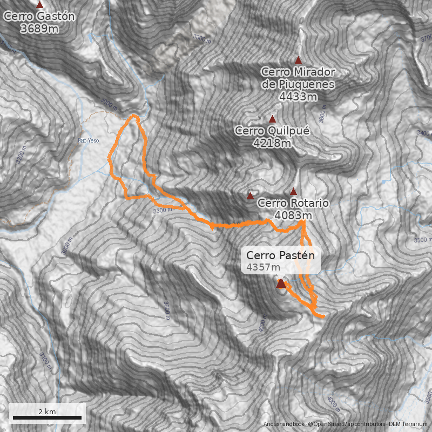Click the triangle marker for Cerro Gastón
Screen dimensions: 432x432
[39, 4]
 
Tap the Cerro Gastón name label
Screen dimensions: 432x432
[39, 16]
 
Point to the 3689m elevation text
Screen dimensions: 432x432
[39, 29]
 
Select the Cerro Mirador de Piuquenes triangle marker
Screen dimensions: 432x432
[298, 60]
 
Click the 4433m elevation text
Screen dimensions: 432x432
[298, 97]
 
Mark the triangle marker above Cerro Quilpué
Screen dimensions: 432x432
[272, 119]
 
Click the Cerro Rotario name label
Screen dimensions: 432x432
[293, 203]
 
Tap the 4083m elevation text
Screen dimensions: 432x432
[293, 215]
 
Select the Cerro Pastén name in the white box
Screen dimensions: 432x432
[280, 255]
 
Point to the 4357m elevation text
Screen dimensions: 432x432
[263, 267]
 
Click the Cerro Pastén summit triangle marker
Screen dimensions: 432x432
[280, 283]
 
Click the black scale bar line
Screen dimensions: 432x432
[47, 418]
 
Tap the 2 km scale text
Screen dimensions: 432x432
[47, 411]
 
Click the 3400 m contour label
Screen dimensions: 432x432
[423, 133]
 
